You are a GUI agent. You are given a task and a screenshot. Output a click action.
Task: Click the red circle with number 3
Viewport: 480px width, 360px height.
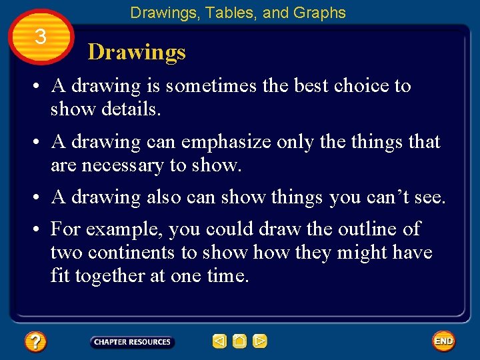pos(40,37)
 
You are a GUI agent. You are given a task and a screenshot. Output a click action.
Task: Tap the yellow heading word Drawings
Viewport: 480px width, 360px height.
pos(137,52)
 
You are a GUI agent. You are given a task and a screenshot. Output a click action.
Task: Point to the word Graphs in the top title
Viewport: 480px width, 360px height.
pos(323,13)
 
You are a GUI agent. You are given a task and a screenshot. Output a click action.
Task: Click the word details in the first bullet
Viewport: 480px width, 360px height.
pos(131,109)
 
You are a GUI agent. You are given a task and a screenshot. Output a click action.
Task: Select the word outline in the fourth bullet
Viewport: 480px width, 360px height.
pos(366,229)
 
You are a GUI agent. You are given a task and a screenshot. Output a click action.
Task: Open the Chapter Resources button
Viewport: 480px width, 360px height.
pos(132,342)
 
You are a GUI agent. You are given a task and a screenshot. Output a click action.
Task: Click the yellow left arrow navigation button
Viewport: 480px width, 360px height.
pos(219,342)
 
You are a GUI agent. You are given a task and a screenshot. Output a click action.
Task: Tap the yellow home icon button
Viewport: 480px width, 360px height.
pos(239,342)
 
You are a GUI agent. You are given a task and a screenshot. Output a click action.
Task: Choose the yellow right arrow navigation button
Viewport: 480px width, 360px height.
pos(260,342)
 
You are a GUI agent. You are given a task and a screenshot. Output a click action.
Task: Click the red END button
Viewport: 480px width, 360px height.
pos(443,341)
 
